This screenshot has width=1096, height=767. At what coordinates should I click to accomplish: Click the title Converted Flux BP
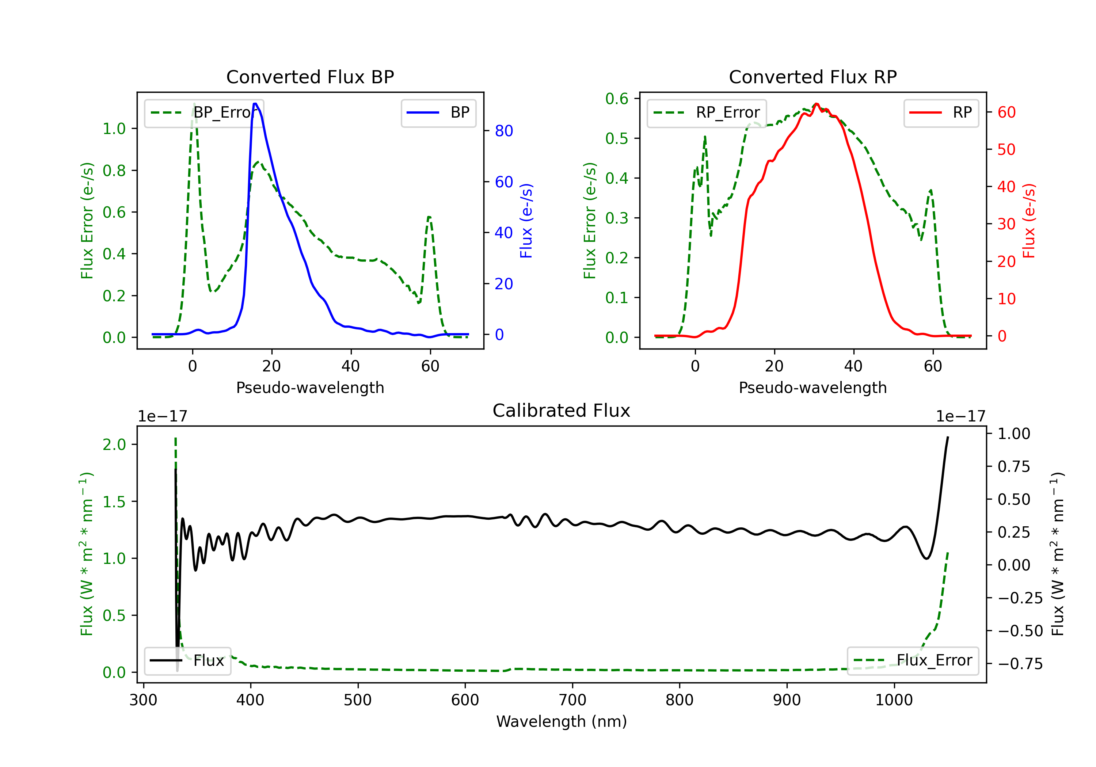tap(310, 77)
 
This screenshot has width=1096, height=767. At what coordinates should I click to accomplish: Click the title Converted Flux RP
tap(813, 77)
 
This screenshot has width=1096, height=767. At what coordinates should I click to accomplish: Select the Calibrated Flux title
tap(562, 411)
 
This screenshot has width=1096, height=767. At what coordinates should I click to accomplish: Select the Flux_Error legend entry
tap(913, 661)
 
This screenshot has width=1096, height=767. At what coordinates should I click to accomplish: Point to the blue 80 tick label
tap(503, 131)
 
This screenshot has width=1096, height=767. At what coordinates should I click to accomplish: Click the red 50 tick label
tap(1006, 149)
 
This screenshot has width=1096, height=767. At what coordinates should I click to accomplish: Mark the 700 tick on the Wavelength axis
tap(572, 700)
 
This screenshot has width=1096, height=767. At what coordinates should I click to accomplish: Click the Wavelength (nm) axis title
tap(562, 722)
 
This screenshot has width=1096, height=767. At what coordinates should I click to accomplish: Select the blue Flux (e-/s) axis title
tap(526, 221)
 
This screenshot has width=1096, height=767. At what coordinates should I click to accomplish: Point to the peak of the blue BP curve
tap(255, 104)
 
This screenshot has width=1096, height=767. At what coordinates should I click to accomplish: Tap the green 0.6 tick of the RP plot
tap(617, 99)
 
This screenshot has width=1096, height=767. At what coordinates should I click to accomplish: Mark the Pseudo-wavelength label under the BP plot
tap(310, 388)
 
